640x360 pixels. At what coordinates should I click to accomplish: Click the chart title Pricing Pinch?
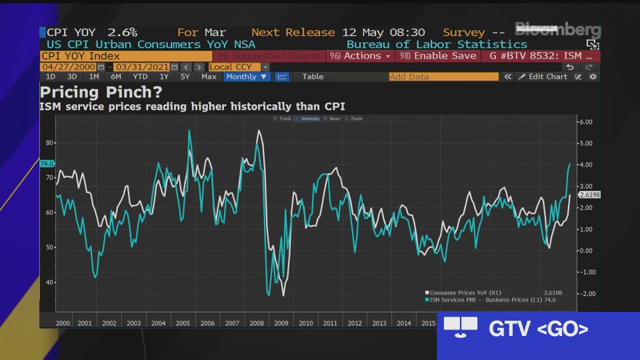tap(101, 93)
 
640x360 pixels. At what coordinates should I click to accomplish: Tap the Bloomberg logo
tap(557, 30)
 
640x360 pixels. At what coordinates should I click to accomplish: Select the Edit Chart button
tap(543, 77)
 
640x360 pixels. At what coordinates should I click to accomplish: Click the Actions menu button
tap(361, 56)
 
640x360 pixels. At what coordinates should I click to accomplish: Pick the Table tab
tap(313, 77)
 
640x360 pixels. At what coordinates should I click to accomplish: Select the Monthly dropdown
tap(247, 77)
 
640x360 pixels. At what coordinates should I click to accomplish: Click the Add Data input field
tap(443, 77)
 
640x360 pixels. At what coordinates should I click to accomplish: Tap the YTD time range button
tap(140, 77)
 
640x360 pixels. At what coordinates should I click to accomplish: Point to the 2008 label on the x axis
tap(256, 323)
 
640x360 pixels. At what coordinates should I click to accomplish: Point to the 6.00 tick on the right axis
tap(585, 122)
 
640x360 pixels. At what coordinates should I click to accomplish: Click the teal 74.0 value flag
tap(47, 163)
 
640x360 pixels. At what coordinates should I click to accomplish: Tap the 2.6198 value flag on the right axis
tap(589, 195)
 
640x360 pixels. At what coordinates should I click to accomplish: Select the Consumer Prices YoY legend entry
tap(465, 293)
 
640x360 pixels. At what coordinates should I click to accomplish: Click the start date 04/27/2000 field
tap(69, 67)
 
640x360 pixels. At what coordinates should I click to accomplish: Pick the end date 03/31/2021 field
tap(142, 67)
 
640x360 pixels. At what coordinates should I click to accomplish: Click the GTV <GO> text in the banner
tap(539, 329)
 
